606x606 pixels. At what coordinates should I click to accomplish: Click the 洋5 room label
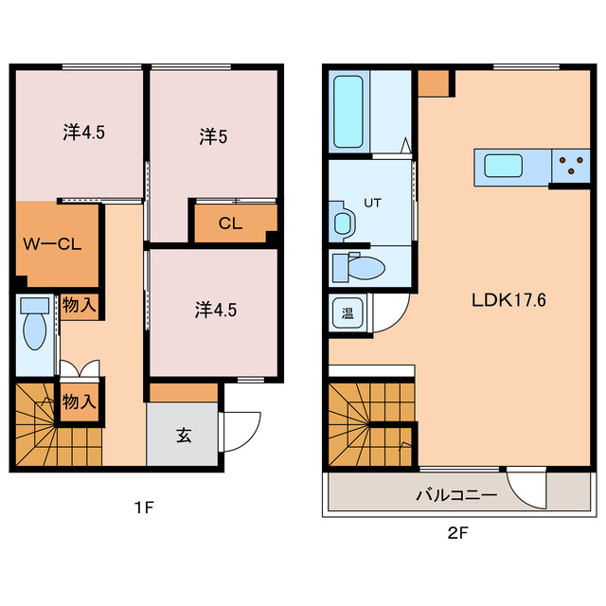point(213,136)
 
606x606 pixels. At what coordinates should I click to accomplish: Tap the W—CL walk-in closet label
point(53,244)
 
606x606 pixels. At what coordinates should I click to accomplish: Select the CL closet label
point(230,223)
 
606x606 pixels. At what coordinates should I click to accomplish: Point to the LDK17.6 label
point(508,300)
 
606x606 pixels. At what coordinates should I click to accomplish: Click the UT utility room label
point(372,203)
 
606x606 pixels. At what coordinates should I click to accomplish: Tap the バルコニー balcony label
point(456,495)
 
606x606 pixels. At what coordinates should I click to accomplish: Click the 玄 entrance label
point(184,436)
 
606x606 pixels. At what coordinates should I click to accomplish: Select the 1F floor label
point(144,508)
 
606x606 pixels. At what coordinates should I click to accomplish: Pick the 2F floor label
point(457,534)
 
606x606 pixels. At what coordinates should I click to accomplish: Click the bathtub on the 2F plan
point(348,112)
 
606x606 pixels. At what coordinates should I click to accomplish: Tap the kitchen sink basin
point(504,166)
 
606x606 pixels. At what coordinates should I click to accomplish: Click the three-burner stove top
point(571,166)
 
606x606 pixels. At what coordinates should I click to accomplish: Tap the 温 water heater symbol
point(348,312)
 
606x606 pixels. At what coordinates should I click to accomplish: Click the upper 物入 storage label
point(79,305)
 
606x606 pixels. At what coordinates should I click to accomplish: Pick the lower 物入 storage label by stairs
point(79,401)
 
